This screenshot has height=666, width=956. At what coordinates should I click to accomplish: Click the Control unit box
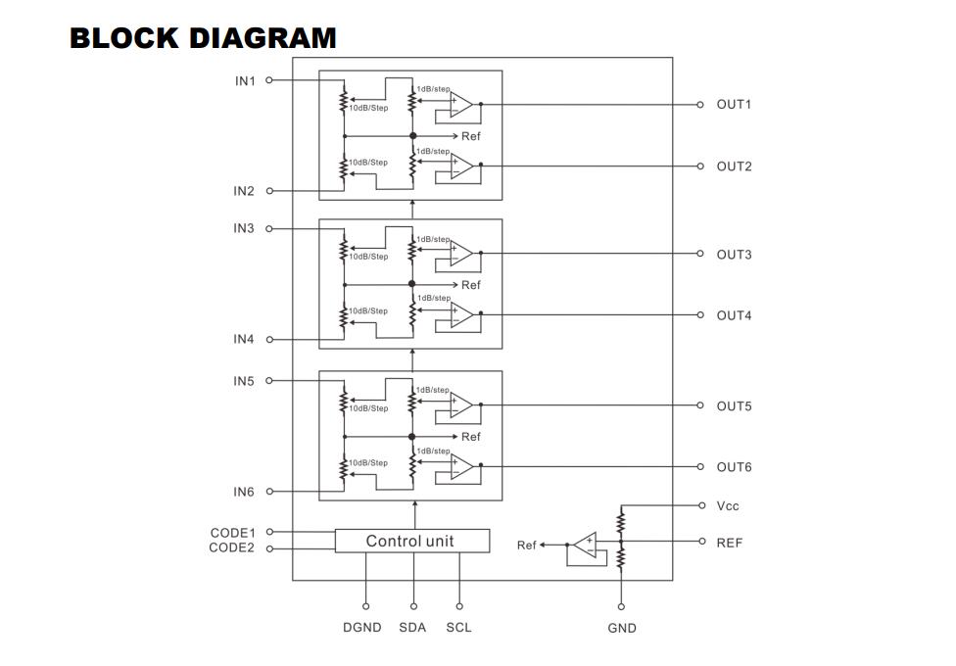point(412,541)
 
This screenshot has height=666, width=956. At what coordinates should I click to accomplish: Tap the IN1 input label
point(245,81)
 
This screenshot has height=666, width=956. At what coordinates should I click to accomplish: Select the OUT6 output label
point(734,467)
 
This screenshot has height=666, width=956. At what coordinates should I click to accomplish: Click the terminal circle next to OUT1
point(700,105)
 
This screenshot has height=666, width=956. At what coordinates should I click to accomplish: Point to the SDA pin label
point(412,628)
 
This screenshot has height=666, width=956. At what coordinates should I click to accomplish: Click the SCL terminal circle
point(459,606)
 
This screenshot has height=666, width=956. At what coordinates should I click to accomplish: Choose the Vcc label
point(728,506)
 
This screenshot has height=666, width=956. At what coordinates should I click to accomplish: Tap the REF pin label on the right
point(729,543)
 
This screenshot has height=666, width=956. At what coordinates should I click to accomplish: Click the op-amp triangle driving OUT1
point(461,104)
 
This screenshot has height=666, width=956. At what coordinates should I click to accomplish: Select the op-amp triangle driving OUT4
point(461,314)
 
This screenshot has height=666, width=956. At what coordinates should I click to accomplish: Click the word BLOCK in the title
point(123,38)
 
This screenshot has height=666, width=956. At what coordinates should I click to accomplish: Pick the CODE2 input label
point(232,547)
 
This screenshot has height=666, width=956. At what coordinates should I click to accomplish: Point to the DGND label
point(362,628)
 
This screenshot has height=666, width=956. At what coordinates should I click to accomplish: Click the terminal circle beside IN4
point(269,340)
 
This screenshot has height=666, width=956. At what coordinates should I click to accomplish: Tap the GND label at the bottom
point(622,628)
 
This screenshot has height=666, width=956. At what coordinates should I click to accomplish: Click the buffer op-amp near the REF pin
point(586,545)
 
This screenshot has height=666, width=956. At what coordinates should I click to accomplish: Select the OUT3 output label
point(734,255)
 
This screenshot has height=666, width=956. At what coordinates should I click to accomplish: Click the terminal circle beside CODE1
point(269,532)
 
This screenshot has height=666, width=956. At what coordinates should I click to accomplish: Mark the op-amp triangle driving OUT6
point(461,466)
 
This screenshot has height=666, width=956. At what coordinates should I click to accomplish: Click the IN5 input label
point(244,381)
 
